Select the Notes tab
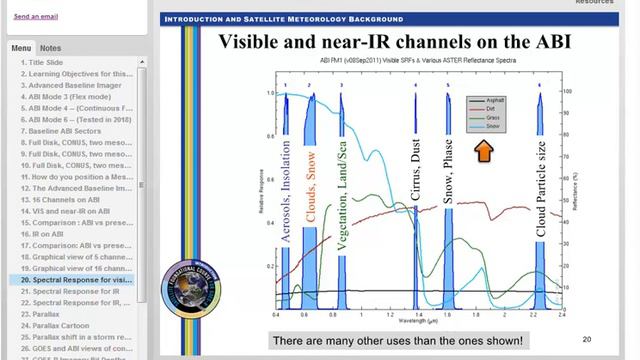(50, 48)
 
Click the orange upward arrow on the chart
(483, 151)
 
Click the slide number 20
(586, 339)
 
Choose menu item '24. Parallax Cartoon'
(56, 325)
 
